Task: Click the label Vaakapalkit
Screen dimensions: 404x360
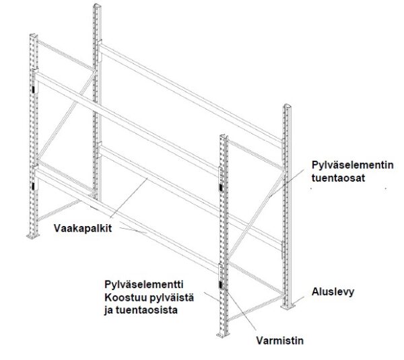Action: (x=83, y=228)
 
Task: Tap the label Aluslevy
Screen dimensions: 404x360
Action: (x=333, y=292)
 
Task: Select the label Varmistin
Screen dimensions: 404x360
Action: (x=280, y=340)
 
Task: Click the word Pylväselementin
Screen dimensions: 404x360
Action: (x=352, y=165)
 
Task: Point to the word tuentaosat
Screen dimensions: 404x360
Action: (x=338, y=178)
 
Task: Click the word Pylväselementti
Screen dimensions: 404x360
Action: (x=144, y=285)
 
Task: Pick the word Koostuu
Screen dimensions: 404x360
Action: (x=124, y=297)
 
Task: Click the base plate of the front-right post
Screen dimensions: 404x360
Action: (x=223, y=334)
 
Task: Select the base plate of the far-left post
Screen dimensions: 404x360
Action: (x=33, y=236)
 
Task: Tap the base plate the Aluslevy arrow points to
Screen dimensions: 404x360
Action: (x=288, y=307)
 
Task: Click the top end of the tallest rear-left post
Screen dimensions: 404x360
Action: (x=97, y=5)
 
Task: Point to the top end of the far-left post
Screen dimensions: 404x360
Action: (x=34, y=35)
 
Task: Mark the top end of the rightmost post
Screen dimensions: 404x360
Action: (x=288, y=106)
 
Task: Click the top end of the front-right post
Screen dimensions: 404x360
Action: (x=224, y=136)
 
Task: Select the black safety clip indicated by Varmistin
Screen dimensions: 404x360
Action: (x=221, y=285)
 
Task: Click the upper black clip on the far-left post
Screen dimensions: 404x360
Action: (x=34, y=89)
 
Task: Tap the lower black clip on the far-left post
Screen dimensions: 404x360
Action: (x=34, y=186)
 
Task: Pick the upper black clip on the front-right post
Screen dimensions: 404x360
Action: (x=221, y=188)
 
